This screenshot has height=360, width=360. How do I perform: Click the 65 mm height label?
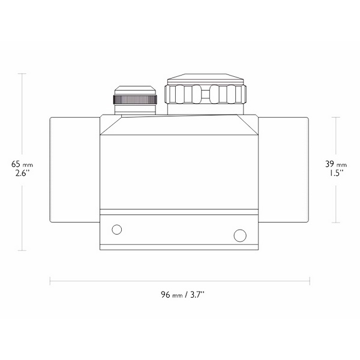[x=22, y=164]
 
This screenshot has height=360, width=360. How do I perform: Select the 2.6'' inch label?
[x=22, y=173]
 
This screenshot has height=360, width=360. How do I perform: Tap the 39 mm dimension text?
[x=336, y=164]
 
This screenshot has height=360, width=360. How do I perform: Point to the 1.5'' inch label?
[x=336, y=173]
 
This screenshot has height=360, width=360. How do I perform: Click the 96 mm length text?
[x=172, y=295]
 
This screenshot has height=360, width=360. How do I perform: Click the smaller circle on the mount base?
[x=116, y=229]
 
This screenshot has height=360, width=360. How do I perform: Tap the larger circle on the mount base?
[x=240, y=236]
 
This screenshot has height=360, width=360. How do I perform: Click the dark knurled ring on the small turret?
[x=135, y=100]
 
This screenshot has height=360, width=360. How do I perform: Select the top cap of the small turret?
[x=135, y=90]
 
